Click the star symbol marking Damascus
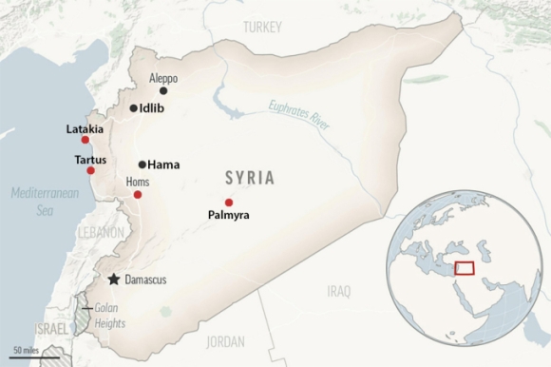pos(115,279)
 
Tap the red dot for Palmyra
pos(229,202)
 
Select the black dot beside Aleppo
pos(163,90)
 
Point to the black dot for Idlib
pos(133,108)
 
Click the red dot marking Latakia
pos(85,140)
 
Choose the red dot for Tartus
pos(90,170)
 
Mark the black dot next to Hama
pos(142,164)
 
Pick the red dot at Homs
pos(138,195)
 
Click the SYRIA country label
pos(250,178)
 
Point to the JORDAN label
pos(225,340)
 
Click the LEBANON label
pos(102,232)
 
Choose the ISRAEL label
pos(52,328)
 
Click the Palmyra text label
pos(228,216)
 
